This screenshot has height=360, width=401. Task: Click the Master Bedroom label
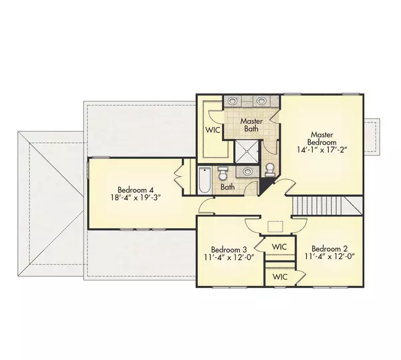[321, 138]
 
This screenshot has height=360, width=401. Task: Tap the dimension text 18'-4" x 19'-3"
[136, 198]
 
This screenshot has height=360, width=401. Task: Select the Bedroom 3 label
[229, 249]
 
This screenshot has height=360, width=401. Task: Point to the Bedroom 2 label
[329, 248]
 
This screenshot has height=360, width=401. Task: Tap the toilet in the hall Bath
[223, 173]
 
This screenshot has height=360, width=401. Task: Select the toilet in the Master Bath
[270, 170]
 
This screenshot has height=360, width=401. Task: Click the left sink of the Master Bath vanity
[232, 101]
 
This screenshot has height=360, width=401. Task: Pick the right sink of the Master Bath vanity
[261, 101]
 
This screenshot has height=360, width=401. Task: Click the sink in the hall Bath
[247, 171]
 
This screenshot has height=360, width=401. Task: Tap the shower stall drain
[247, 151]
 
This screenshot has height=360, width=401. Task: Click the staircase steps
[317, 206]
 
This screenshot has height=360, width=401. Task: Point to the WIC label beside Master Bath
[213, 130]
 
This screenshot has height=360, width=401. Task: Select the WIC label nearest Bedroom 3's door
[279, 247]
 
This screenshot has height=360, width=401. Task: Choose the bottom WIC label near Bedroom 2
[280, 277]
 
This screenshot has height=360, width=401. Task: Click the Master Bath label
[251, 125]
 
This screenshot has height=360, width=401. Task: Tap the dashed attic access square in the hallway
[275, 226]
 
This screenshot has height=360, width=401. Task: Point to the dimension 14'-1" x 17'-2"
[321, 150]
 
